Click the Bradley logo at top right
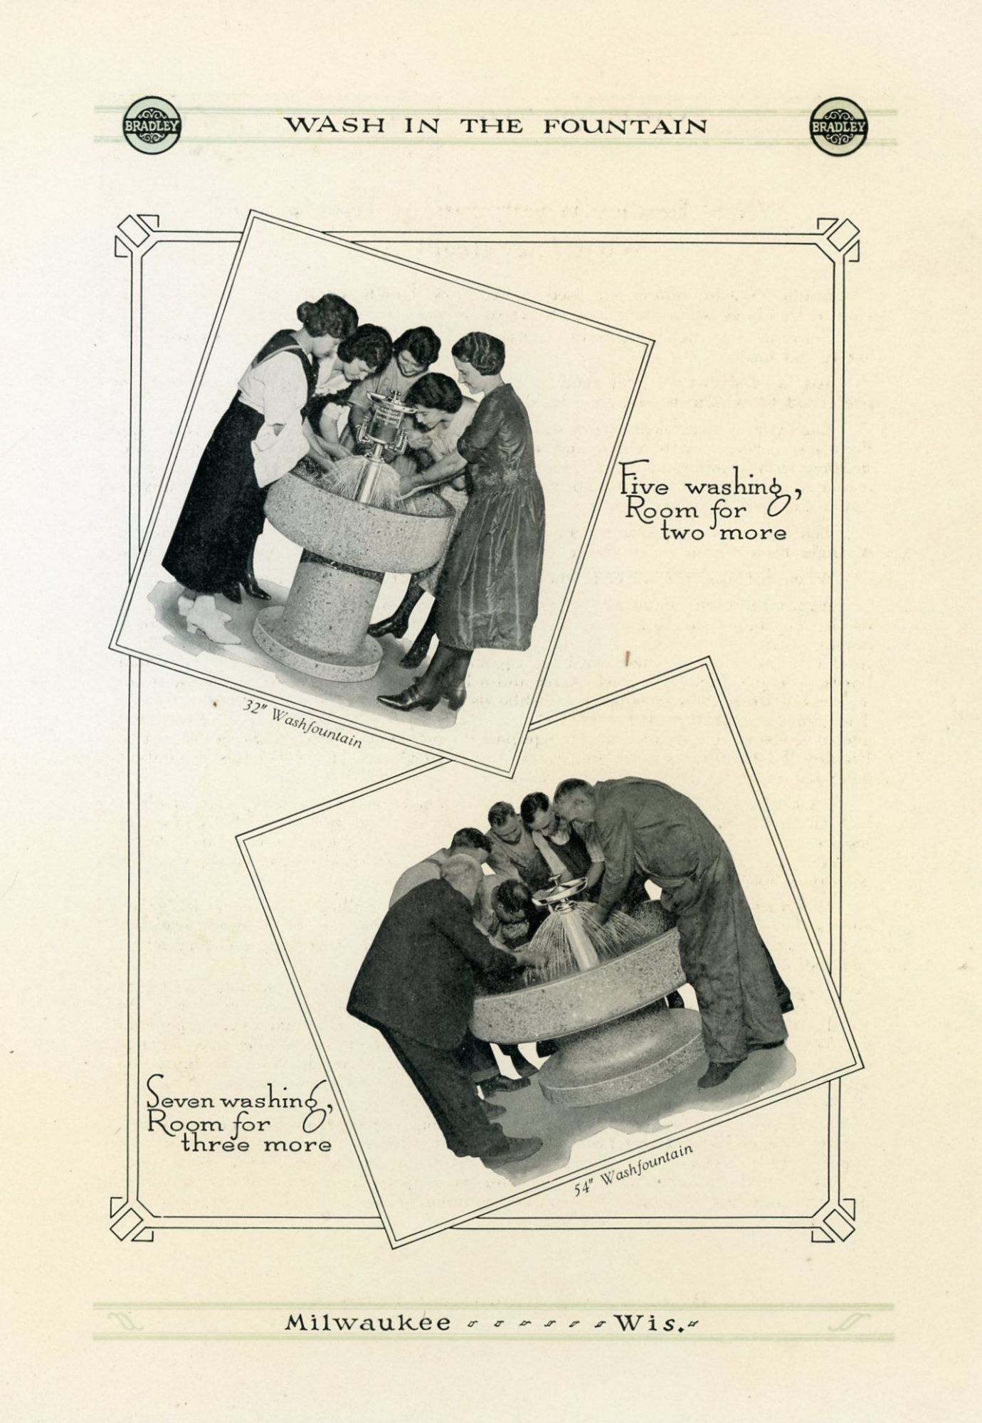point(838,126)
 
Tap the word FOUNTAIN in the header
point(626,127)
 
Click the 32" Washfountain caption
point(302,722)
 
